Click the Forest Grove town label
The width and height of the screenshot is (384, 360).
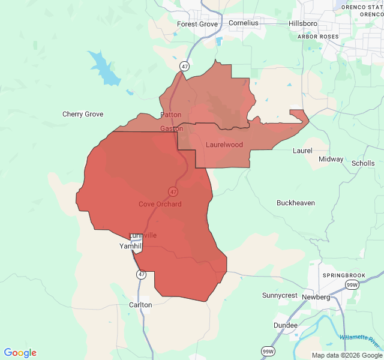(197, 24)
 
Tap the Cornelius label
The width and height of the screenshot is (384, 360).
(243, 23)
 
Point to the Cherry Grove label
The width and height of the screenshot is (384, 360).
(83, 114)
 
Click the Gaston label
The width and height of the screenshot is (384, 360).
(172, 129)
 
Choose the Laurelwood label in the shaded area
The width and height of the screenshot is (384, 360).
(224, 145)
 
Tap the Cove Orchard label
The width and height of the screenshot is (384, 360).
(160, 204)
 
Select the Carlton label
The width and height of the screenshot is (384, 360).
(140, 305)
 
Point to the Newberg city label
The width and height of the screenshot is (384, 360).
(316, 297)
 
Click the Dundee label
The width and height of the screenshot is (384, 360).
(285, 325)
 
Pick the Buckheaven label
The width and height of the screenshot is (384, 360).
(296, 203)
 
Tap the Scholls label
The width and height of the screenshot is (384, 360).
(363, 163)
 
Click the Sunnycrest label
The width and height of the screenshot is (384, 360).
(280, 295)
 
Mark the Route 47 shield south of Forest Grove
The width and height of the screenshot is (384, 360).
(185, 65)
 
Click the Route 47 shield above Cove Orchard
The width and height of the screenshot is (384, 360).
(173, 191)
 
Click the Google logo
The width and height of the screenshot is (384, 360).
(20, 353)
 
